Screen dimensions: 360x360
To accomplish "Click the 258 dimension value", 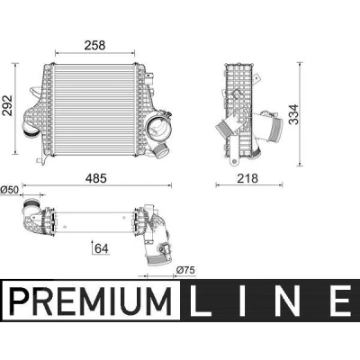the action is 94,45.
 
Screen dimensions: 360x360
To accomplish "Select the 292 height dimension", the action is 7,105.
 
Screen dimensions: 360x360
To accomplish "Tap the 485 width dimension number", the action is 96,178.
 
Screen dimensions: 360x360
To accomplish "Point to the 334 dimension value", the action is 294,114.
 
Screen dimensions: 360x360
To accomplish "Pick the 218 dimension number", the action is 247,178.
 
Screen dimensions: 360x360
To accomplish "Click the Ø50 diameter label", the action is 10,190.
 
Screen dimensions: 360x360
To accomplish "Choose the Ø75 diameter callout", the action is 185,270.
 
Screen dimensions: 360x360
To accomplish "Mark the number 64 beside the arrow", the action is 102,248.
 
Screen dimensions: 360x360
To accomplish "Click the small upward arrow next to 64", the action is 93,247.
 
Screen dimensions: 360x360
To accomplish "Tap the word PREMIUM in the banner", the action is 91,301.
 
